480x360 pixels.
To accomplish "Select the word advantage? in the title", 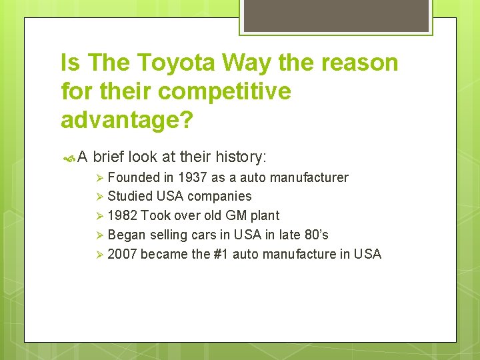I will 127,119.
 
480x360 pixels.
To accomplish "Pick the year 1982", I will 123,215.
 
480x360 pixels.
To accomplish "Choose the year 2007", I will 123,254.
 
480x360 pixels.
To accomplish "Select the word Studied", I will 130,196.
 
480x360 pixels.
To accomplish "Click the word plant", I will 265,215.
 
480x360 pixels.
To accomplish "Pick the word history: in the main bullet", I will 241,157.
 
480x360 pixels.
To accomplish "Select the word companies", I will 219,196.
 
